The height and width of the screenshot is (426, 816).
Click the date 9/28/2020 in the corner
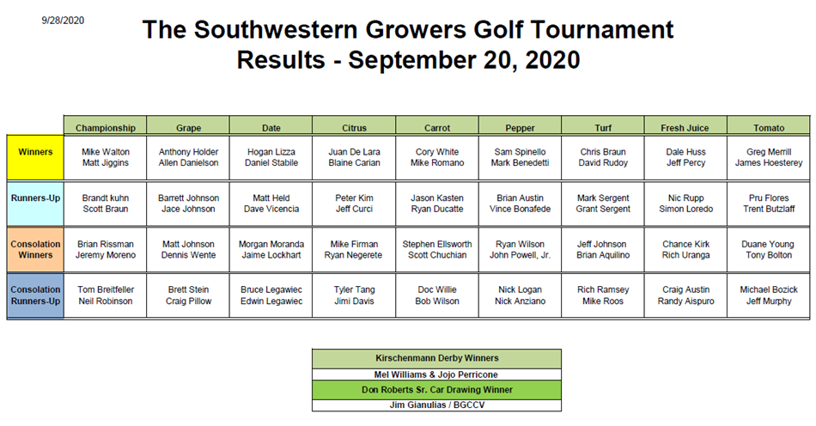(x=63, y=21)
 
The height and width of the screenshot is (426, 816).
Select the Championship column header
(x=105, y=126)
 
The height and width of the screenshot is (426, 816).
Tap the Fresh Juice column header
(x=685, y=126)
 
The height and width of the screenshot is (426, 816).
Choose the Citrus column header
(x=354, y=126)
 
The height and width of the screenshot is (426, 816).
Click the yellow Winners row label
(x=35, y=157)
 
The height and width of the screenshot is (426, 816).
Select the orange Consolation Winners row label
(x=35, y=249)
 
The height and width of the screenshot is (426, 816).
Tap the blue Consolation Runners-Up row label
(x=35, y=295)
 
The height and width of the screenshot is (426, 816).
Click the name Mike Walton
(x=106, y=152)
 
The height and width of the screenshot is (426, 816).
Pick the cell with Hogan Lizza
(x=271, y=157)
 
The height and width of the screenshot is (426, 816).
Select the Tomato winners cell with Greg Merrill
(x=769, y=157)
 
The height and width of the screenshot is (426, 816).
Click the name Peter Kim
(x=354, y=198)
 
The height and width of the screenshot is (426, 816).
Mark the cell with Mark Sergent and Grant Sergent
(x=603, y=204)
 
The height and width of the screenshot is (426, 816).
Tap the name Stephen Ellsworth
(x=437, y=244)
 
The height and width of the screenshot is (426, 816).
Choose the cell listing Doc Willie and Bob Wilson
(x=437, y=295)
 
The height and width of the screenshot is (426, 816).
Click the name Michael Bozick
(x=769, y=289)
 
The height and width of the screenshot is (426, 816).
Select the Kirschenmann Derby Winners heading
(x=437, y=358)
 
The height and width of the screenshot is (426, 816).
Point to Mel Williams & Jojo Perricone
(x=436, y=374)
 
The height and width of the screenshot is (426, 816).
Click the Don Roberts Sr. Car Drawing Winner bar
(x=436, y=390)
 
